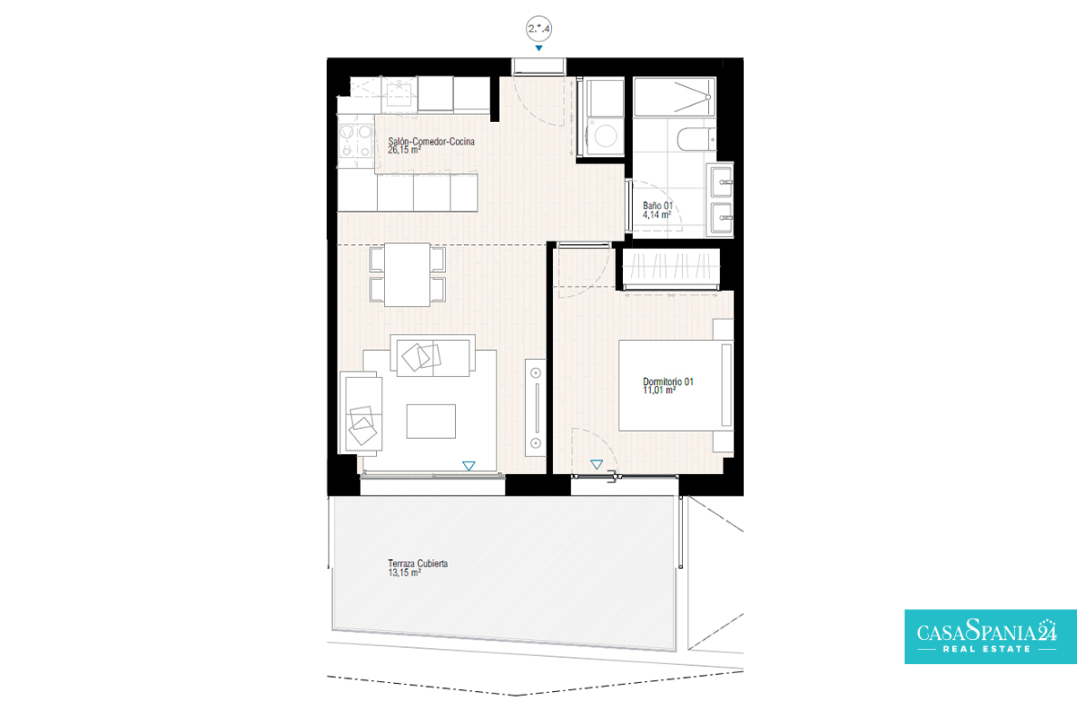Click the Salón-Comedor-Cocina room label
(432, 142)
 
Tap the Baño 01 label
(658, 206)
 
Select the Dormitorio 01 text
(669, 381)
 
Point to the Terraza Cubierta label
(418, 563)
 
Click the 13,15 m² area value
(405, 573)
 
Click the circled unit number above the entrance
(538, 29)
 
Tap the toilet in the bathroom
(696, 139)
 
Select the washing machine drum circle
(605, 135)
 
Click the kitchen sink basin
(399, 95)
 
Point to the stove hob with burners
(355, 141)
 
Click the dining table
(407, 275)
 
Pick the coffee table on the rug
(431, 421)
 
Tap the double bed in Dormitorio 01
(676, 386)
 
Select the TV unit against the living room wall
(536, 407)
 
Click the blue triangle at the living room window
(468, 466)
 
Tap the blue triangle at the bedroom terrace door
(597, 465)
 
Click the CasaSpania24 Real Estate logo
(991, 636)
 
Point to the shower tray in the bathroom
(674, 97)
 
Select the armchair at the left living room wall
(361, 413)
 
